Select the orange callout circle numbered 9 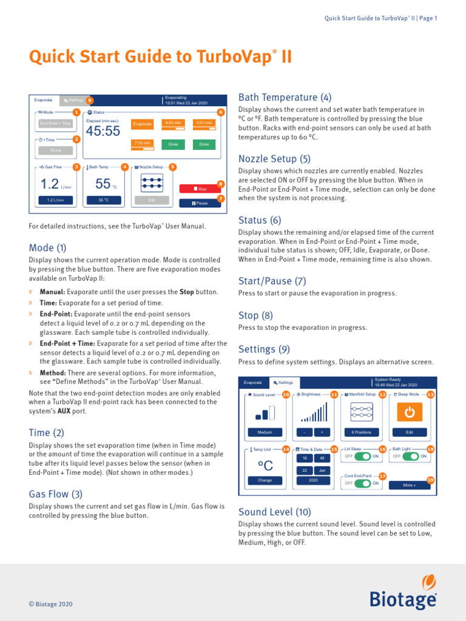(90, 100)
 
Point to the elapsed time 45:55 (103, 131)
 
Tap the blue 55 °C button (104, 200)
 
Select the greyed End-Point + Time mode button (55, 123)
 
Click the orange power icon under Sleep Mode (410, 412)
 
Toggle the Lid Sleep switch (363, 456)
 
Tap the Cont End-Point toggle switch (363, 483)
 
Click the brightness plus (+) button (322, 432)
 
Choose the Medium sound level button (265, 432)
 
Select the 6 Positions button (361, 432)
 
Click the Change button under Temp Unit (265, 480)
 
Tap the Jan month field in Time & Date (322, 470)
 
